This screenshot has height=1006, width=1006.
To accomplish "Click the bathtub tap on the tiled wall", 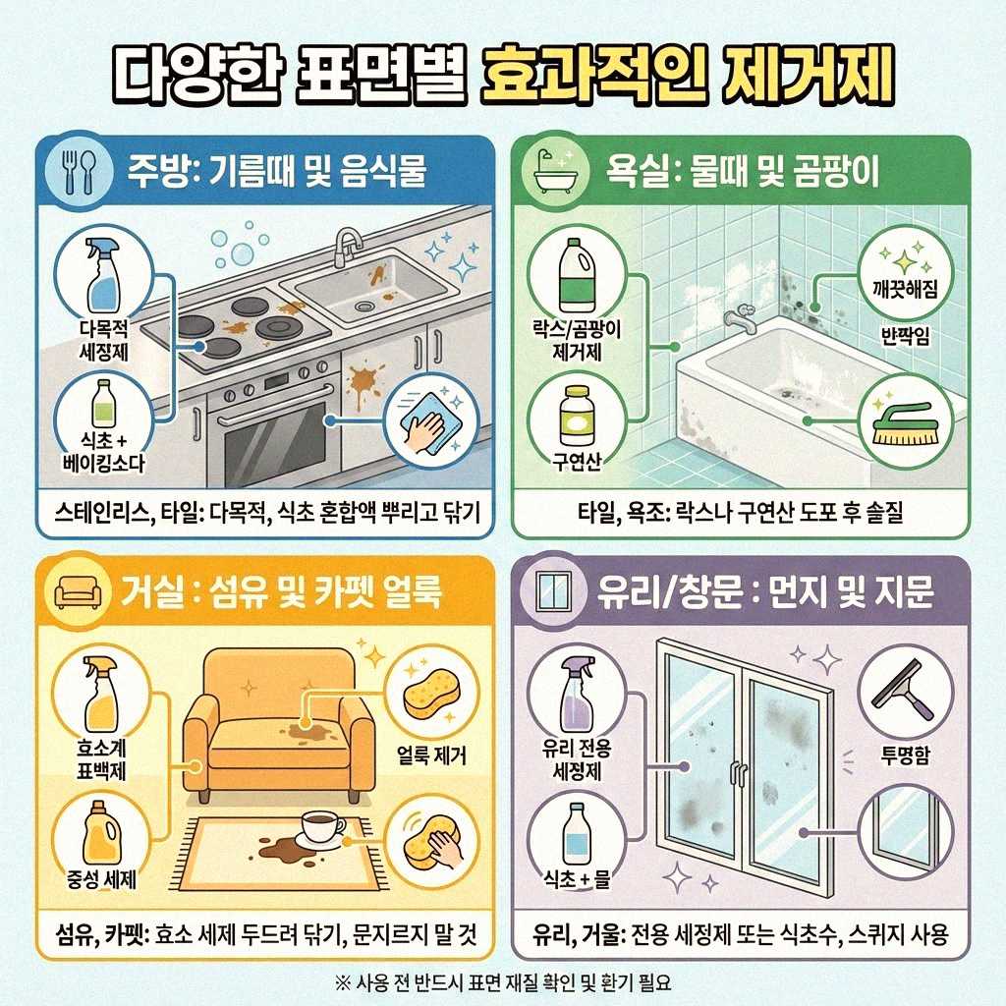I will click(737, 318).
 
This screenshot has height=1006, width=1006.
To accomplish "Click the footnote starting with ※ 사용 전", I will click(503, 980).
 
